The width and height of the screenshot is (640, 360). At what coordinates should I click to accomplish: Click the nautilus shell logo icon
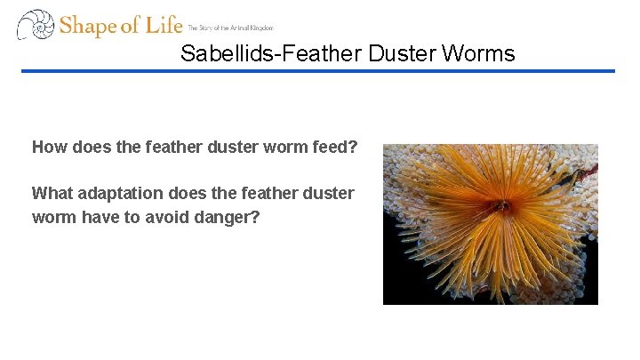pos(36,25)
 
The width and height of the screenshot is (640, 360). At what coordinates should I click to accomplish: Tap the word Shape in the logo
pos(88,26)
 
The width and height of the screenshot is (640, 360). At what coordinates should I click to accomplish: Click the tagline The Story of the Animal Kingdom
pos(230,28)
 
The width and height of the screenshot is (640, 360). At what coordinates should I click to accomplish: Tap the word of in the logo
pos(129,26)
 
